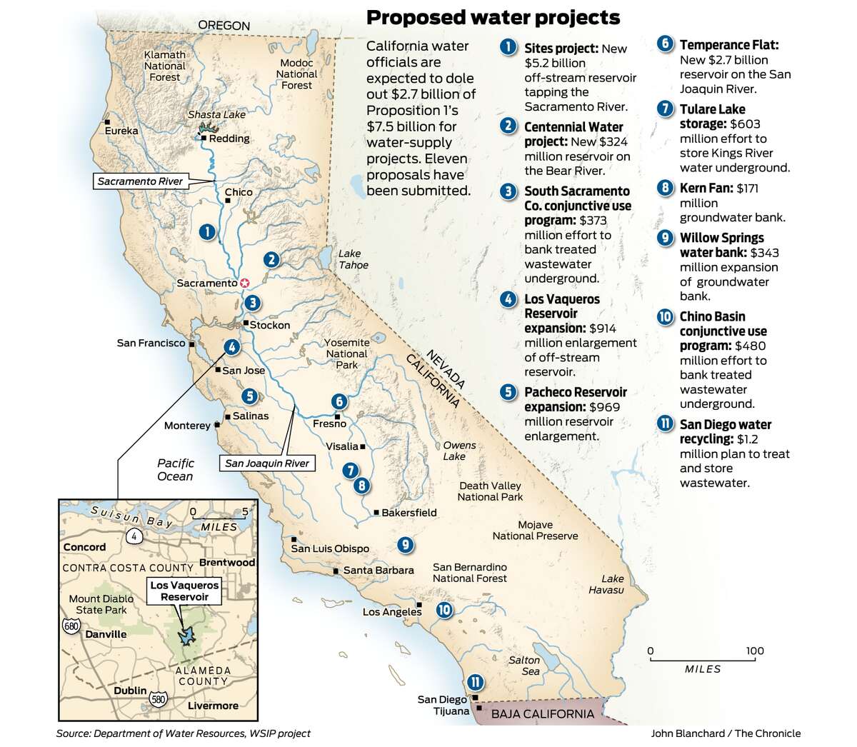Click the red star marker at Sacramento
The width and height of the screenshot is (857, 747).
point(245,283)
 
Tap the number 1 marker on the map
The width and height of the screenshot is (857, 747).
point(206,231)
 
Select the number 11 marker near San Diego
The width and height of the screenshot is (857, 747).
point(473,682)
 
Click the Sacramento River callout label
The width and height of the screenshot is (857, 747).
point(141,181)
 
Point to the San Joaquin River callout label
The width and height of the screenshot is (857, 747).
point(267,463)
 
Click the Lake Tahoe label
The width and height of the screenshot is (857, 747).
point(354,259)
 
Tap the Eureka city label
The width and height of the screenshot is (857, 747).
point(121,131)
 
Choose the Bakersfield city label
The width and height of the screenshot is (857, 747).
point(409,512)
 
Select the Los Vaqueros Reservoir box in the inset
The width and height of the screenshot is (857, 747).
point(184,590)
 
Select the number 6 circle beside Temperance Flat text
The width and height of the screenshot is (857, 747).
point(664,44)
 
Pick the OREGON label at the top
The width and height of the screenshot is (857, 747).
point(224,26)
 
